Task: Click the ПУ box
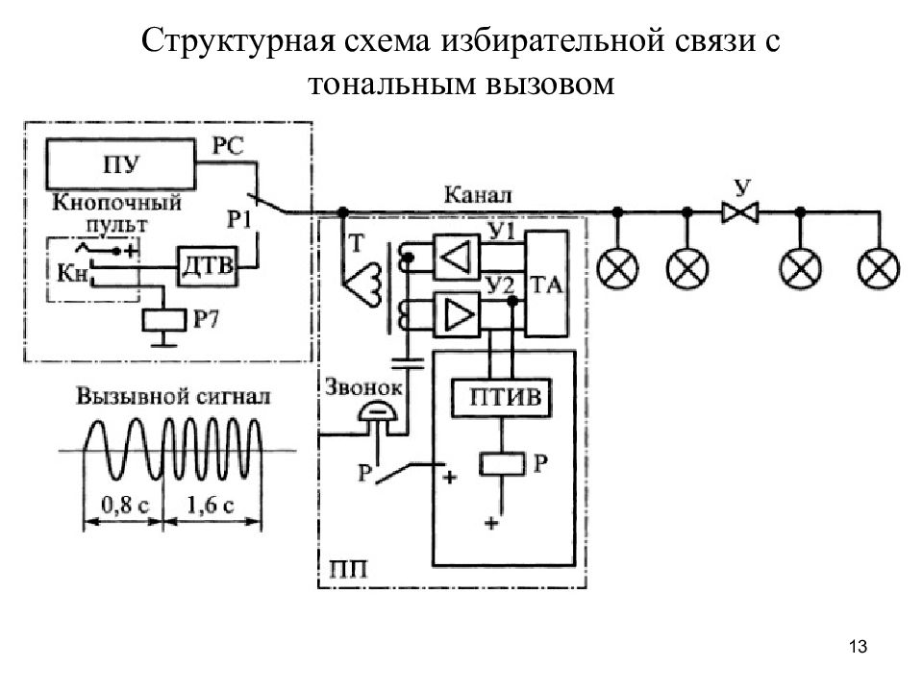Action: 121,164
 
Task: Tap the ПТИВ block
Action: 502,398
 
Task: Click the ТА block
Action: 547,284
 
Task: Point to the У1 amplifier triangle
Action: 456,256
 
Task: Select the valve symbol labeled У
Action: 740,211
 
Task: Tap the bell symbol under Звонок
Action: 378,412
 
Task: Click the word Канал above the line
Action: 478,195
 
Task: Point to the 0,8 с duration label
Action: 125,505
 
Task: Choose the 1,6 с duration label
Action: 211,505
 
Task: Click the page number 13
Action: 858,646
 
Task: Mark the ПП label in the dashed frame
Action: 348,570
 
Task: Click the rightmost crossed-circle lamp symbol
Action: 879,268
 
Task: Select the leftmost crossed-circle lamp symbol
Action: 617,268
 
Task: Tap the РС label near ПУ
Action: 228,145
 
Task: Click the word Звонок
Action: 363,386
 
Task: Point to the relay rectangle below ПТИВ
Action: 502,463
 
